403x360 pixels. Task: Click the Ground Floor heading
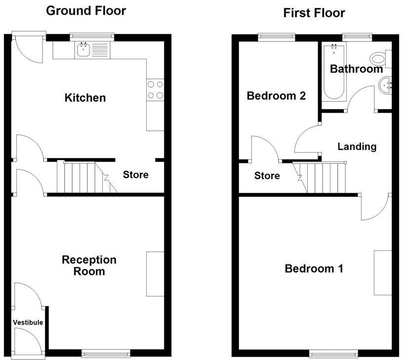pyautogui.click(x=86, y=11)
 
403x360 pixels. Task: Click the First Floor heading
pyautogui.click(x=314, y=13)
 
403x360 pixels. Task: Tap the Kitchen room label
pyautogui.click(x=85, y=98)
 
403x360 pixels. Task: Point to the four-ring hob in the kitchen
pyautogui.click(x=155, y=89)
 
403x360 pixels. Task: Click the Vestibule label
pyautogui.click(x=28, y=322)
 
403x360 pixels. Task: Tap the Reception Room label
pyautogui.click(x=89, y=265)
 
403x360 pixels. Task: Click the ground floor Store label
pyautogui.click(x=135, y=175)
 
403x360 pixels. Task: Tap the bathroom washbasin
pyautogui.click(x=385, y=87)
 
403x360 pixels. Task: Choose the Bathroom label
pyautogui.click(x=356, y=69)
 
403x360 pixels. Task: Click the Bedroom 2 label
pyautogui.click(x=276, y=96)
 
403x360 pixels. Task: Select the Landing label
pyautogui.click(x=357, y=146)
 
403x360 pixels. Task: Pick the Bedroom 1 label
pyautogui.click(x=314, y=269)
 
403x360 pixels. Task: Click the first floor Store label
pyautogui.click(x=267, y=176)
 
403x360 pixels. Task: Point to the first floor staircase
pyautogui.click(x=323, y=177)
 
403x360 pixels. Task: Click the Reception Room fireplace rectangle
pyautogui.click(x=155, y=274)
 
